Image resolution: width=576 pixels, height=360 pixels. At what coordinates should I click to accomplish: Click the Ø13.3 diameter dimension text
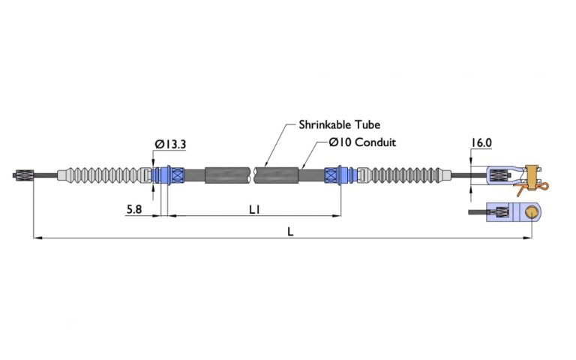coord(170,144)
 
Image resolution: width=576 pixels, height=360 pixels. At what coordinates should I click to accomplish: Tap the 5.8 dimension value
coord(135,211)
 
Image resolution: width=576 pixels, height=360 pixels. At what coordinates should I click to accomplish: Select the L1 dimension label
coord(254,211)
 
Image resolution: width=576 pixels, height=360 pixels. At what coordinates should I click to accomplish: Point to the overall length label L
coord(289,232)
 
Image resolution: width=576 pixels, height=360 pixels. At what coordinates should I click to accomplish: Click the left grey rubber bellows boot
coord(105,175)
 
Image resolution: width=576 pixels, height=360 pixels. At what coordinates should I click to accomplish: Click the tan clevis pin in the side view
coord(533,174)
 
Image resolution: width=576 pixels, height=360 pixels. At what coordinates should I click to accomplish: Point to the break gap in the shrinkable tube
coord(253,175)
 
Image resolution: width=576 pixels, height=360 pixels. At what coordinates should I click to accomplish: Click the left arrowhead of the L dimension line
coord(36,238)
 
